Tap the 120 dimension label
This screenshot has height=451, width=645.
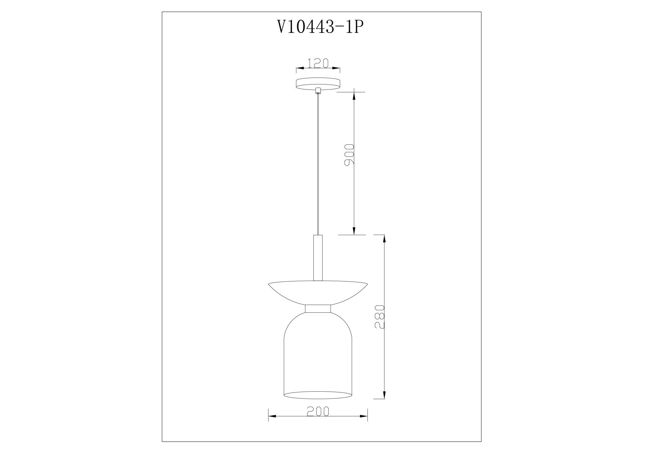[x=318, y=63]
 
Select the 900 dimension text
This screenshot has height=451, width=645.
[x=349, y=154]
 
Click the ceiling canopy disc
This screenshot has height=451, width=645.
[x=318, y=85]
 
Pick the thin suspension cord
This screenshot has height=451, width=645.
[x=318, y=164]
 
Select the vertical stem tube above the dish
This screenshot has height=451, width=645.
[x=318, y=257]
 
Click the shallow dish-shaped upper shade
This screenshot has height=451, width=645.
[x=318, y=293]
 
